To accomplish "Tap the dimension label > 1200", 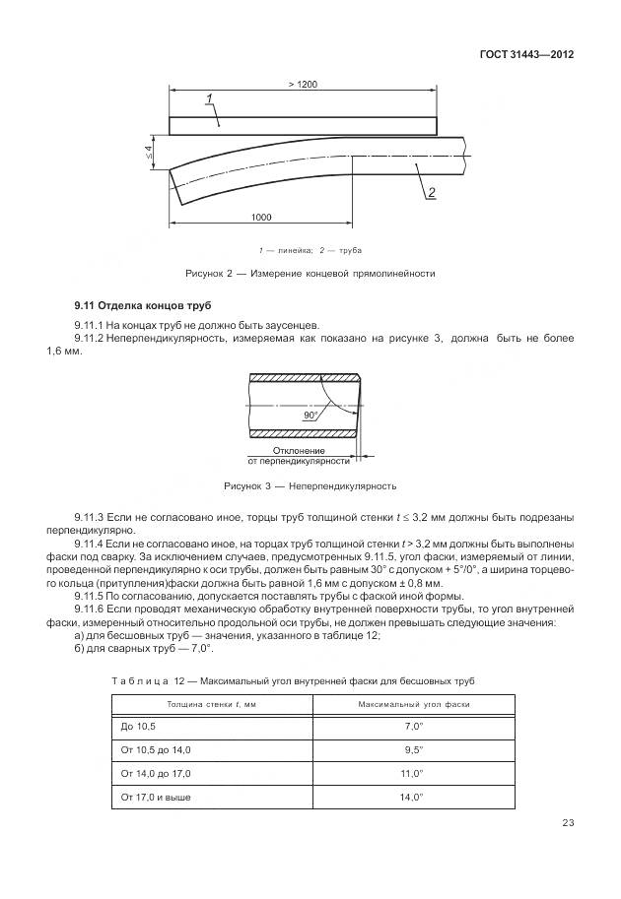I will coord(303,86).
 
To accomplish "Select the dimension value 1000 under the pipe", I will coord(261,217).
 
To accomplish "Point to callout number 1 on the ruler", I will coord(210,97).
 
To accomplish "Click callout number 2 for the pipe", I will coord(431,193).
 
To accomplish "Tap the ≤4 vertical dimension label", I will coord(149,151).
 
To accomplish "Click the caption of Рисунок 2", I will coord(310,273).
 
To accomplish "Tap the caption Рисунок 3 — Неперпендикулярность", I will coord(310,486).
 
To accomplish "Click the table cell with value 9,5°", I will coord(413,750).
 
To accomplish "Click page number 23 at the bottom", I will coord(567,823).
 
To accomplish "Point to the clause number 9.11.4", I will coord(95,543).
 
